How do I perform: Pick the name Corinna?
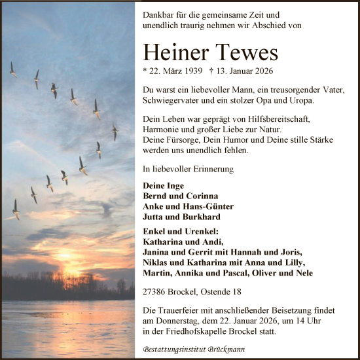202,196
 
